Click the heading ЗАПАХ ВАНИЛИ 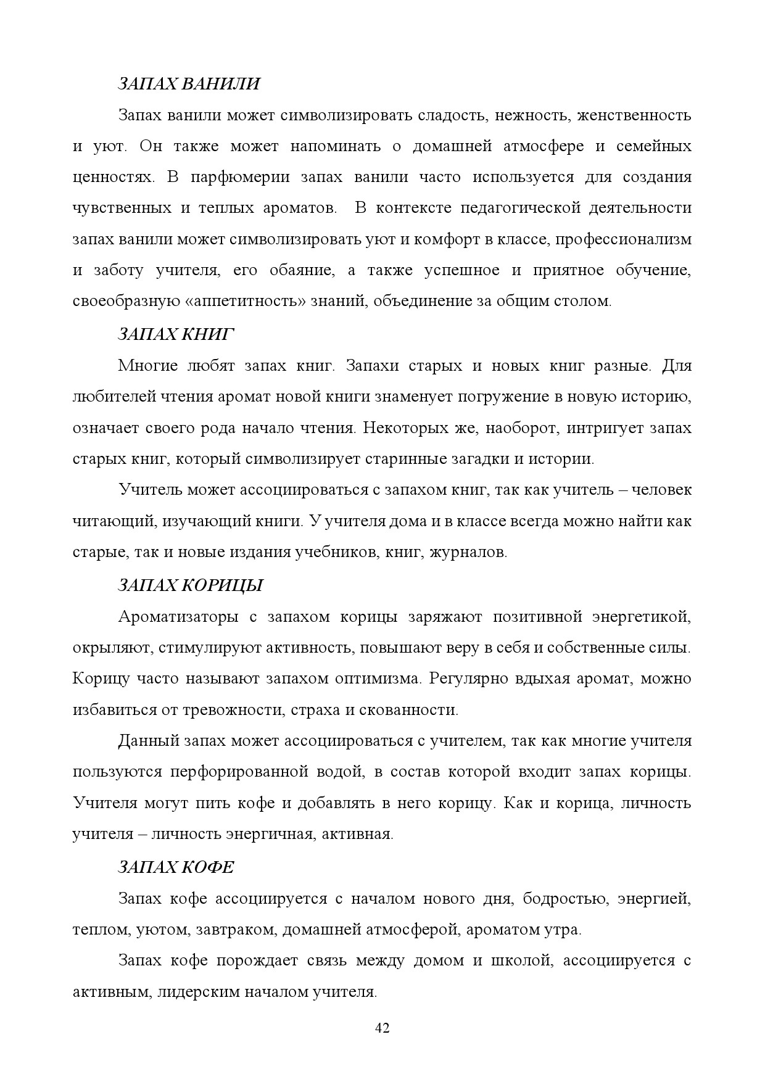point(189,84)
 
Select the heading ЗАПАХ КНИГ point(176,334)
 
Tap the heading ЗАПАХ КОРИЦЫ point(191,585)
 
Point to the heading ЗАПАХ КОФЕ point(176,867)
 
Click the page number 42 point(382,1028)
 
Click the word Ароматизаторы point(179,617)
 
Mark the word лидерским point(199,992)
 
